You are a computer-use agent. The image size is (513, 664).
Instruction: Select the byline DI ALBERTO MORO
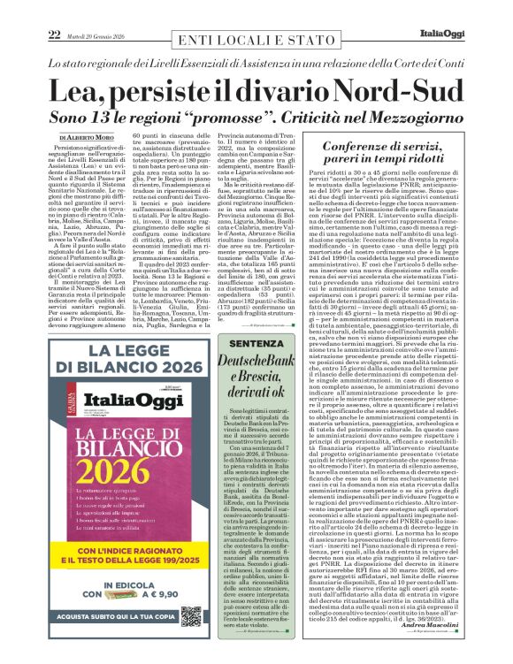click(x=89, y=139)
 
